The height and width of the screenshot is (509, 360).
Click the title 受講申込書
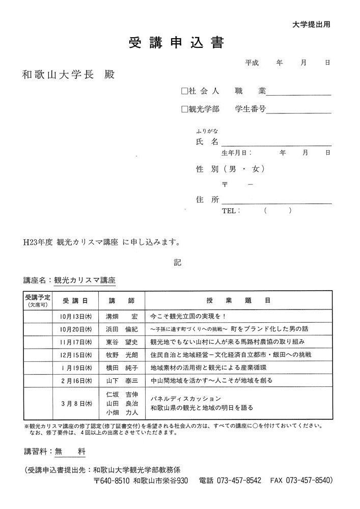pos(176,43)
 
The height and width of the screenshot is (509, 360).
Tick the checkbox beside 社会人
pos(184,92)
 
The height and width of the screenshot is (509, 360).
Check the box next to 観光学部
pos(184,109)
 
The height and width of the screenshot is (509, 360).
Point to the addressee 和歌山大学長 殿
pos(68,75)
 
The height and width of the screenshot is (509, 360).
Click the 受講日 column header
pos(75,300)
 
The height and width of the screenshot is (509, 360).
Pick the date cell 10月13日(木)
pos(75,316)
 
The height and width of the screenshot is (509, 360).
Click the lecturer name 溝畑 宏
pos(121,316)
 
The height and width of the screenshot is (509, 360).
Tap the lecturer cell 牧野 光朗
pos(121,354)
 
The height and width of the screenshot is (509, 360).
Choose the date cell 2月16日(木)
pos(75,380)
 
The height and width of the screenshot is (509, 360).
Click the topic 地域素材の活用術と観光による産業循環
pos(216,367)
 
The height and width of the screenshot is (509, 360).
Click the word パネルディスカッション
pos(185,398)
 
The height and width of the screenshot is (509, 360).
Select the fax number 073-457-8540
pos(309,480)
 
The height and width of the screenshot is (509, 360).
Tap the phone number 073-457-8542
pos(239,480)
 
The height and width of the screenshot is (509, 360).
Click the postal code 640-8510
pos(116,480)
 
